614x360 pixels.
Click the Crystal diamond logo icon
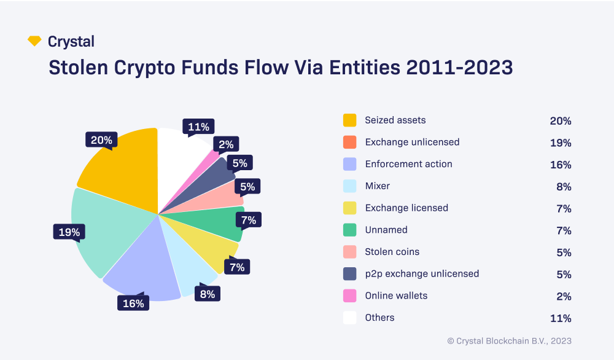[34, 41]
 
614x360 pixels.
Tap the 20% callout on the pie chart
[101, 140]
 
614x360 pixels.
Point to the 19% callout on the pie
[69, 232]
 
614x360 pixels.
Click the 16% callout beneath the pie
[133, 303]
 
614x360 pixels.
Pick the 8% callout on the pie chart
[208, 294]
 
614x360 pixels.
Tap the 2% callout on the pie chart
[226, 144]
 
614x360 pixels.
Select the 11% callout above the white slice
[198, 127]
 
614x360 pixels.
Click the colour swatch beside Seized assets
[350, 120]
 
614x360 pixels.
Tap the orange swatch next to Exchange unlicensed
[350, 143]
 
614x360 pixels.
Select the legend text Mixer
[377, 186]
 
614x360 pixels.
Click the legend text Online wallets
[396, 295]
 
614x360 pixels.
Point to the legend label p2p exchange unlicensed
[422, 273]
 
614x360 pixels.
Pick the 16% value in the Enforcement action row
[561, 165]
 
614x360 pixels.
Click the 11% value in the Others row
[561, 318]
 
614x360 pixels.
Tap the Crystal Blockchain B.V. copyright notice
[509, 340]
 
